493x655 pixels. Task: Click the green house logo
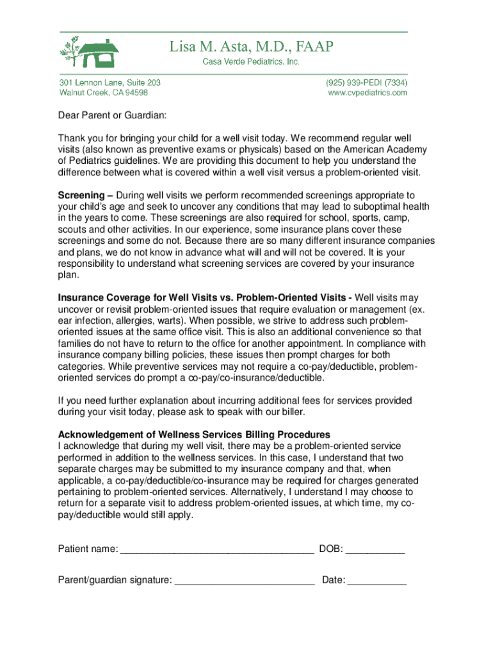[x=90, y=53]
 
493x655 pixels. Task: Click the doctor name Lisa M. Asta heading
[x=251, y=47]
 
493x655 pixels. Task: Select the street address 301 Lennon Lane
[x=109, y=83]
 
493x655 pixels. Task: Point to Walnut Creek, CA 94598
[x=103, y=93]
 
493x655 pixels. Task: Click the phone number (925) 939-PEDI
[x=366, y=83]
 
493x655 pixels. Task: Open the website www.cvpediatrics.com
[x=368, y=93]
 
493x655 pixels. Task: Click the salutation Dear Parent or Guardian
[x=113, y=116]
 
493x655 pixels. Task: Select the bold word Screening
[x=81, y=195]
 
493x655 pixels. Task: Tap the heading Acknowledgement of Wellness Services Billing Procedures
[x=194, y=434]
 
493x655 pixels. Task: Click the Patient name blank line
[x=217, y=550]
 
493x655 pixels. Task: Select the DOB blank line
[x=375, y=550]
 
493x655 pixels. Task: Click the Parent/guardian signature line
[x=245, y=581]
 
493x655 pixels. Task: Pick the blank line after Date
[x=377, y=581]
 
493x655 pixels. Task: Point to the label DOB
[x=331, y=549]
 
